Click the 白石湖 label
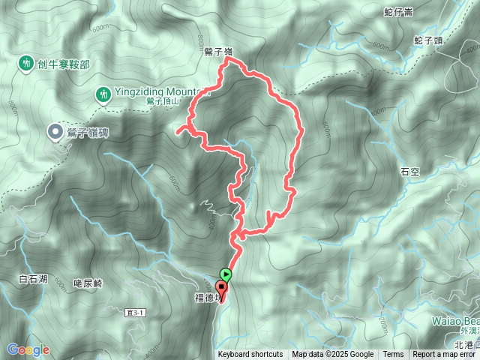click(33, 279)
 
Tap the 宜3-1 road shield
click(133, 310)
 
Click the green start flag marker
click(226, 274)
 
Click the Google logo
click(28, 349)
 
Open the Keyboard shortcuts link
click(250, 355)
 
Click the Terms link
click(393, 355)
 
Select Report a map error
click(445, 355)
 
